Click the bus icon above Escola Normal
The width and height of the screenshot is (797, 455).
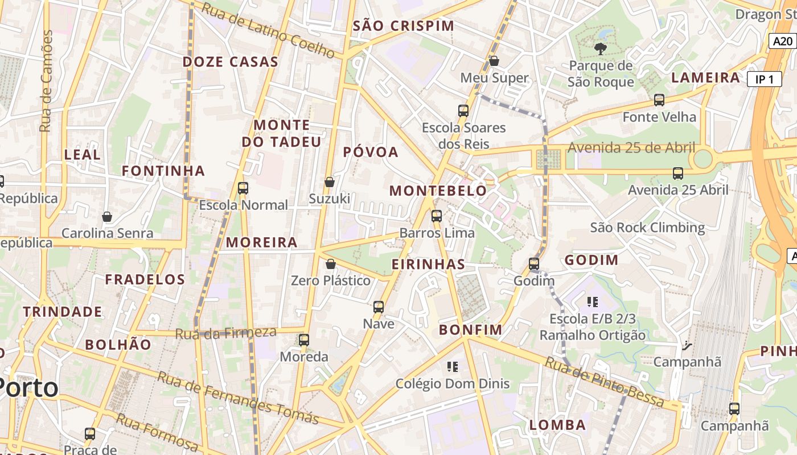coord(243,188)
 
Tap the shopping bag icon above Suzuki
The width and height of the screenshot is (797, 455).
coord(329,182)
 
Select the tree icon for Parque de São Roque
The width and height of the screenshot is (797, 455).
coord(600,49)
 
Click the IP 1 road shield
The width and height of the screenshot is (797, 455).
coord(764,80)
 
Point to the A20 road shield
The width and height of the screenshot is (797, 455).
coord(782,41)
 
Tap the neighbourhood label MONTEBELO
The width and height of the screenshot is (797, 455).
coord(438,191)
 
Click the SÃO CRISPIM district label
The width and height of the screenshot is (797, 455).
coord(404,26)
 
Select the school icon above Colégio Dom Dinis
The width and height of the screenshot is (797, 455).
coord(453,367)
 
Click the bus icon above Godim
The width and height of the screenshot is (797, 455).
coord(533,264)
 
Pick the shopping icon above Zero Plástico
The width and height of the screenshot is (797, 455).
coord(330,264)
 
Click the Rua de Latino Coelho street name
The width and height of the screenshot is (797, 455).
coord(268,30)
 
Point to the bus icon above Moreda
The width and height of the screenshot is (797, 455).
coord(304,340)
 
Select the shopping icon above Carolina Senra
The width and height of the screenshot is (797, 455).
coord(107,217)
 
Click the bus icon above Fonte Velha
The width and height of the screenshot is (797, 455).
coord(659,100)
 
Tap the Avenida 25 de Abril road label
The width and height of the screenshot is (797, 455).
coord(631,148)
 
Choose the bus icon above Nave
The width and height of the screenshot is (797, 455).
coord(379,307)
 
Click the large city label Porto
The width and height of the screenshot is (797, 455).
coord(28,388)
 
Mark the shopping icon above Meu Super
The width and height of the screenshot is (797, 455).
coord(494,61)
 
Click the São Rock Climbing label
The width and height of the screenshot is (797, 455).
coord(647,228)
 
